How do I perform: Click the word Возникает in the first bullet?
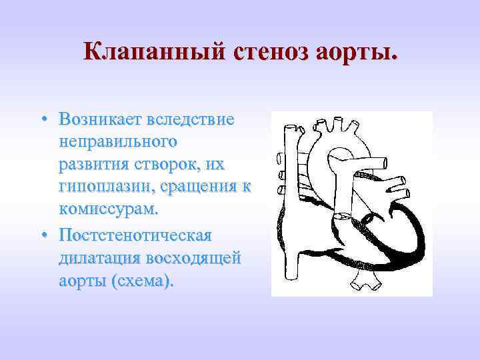click(99, 120)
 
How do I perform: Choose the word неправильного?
click(117, 143)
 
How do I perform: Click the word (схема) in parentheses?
click(143, 281)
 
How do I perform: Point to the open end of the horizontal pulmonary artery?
click(407, 180)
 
